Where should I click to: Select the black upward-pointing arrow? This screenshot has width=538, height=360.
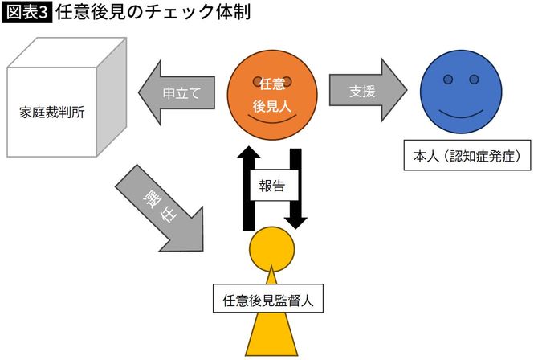(x=249, y=185)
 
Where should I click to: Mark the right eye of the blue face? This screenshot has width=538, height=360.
(x=480, y=80)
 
